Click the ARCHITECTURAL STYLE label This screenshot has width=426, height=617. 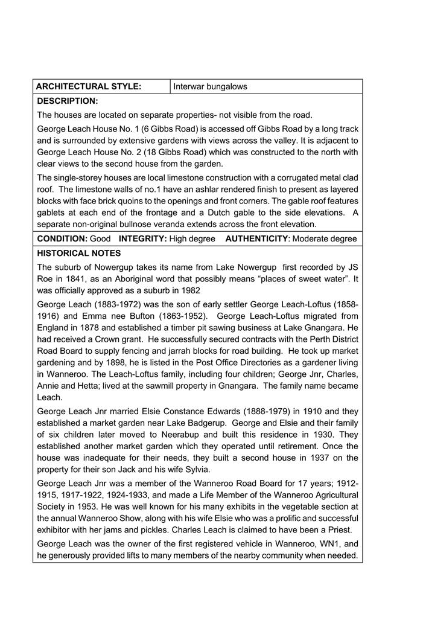pyautogui.click(x=89, y=86)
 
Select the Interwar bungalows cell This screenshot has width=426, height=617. pyautogui.click(x=210, y=86)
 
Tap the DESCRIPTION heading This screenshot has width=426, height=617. pyautogui.click(x=68, y=101)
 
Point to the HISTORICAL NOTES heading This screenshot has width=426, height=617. pyautogui.click(x=79, y=253)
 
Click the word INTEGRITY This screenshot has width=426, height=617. pyautogui.click(x=142, y=238)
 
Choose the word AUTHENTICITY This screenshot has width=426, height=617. pyautogui.click(x=256, y=238)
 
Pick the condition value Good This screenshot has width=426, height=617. pyautogui.click(x=100, y=238)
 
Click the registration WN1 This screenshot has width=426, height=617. pyautogui.click(x=331, y=543)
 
